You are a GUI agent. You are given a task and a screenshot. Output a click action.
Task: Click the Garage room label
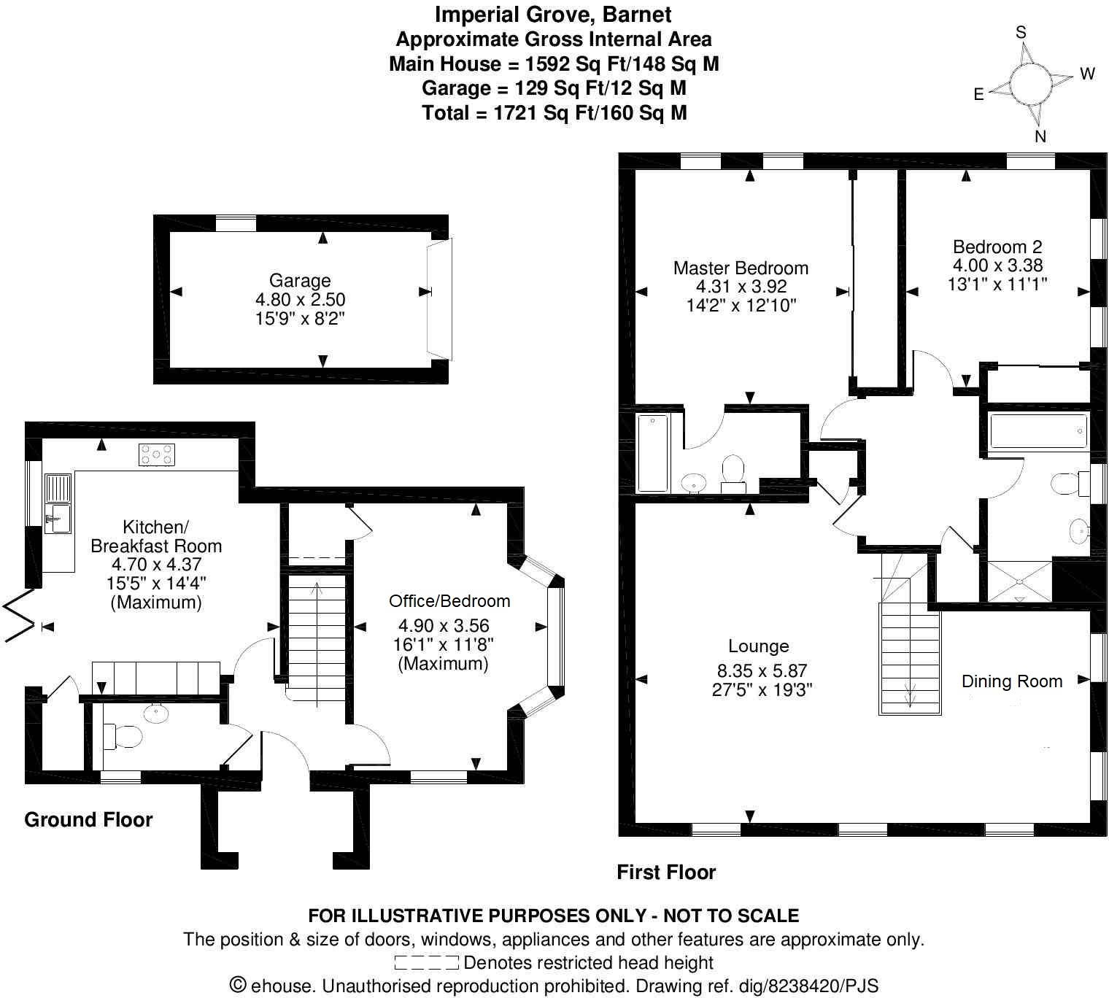point(300,281)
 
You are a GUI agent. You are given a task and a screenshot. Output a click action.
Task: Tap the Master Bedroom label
point(741,268)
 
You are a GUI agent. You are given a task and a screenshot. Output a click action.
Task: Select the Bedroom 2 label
point(997,247)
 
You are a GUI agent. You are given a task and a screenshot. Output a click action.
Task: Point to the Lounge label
point(759,646)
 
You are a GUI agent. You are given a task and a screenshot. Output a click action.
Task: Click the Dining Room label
point(1012,681)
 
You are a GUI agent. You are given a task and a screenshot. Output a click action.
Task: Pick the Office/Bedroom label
point(449,601)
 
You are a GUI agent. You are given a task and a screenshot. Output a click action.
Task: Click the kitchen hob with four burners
point(157,454)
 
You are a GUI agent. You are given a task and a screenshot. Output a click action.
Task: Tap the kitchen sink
point(57,503)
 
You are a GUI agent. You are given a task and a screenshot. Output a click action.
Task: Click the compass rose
point(1032,82)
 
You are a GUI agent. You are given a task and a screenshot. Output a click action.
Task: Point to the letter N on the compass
point(1040,136)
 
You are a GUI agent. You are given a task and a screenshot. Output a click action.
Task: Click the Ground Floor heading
point(88,820)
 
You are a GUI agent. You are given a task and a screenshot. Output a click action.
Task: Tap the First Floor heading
point(666,873)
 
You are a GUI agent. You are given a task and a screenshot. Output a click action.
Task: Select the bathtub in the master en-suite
point(652,453)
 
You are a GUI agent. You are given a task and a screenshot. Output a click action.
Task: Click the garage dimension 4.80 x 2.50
point(300,300)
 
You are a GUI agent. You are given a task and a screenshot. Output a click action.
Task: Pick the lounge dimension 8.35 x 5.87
point(762,671)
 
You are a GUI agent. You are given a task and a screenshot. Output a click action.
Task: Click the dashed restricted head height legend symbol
point(426,963)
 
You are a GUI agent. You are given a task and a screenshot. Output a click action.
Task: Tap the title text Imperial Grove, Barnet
point(553,14)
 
